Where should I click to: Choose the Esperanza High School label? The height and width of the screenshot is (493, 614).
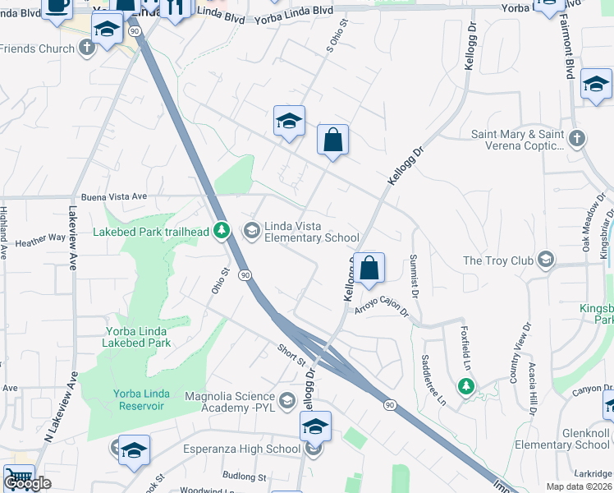(x=249, y=449)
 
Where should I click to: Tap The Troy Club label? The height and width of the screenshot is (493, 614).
(x=497, y=260)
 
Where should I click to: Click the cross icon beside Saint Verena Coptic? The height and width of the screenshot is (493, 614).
(x=577, y=138)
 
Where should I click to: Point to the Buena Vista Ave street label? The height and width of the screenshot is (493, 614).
(x=114, y=196)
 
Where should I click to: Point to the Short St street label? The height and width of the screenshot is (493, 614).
(x=291, y=355)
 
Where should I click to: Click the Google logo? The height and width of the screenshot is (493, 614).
(x=27, y=483)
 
